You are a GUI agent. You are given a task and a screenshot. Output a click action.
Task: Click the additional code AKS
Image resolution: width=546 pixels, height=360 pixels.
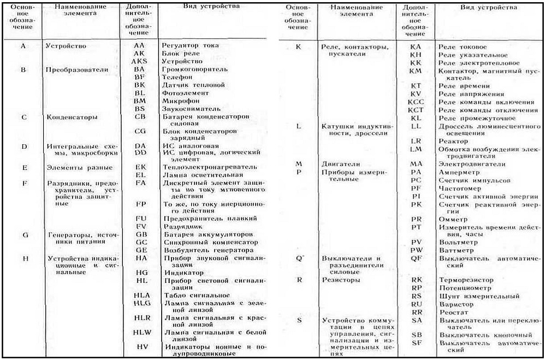pyautogui.click(x=139, y=61)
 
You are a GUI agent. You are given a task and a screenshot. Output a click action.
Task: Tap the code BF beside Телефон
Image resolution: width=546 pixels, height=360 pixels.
pyautogui.click(x=139, y=78)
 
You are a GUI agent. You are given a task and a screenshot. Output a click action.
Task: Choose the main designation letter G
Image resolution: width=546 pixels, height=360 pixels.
pyautogui.click(x=25, y=234)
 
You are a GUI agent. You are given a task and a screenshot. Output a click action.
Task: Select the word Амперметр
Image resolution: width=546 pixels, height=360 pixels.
pyautogui.click(x=458, y=172)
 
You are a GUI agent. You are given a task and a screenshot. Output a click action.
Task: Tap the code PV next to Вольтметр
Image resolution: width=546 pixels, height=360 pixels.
pyautogui.click(x=416, y=241)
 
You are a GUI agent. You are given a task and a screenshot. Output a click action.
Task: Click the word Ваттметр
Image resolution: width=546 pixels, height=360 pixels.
pyautogui.click(x=454, y=250)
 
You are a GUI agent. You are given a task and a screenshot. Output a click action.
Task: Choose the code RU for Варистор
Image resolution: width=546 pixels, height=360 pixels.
pyautogui.click(x=417, y=304)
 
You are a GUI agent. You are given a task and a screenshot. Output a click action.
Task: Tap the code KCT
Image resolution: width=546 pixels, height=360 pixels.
pyautogui.click(x=416, y=110)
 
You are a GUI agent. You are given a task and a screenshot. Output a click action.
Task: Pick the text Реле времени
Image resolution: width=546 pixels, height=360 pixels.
pyautogui.click(x=461, y=86)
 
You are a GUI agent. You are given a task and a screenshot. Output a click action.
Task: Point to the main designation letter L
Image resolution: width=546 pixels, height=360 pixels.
pyautogui.click(x=298, y=126)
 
